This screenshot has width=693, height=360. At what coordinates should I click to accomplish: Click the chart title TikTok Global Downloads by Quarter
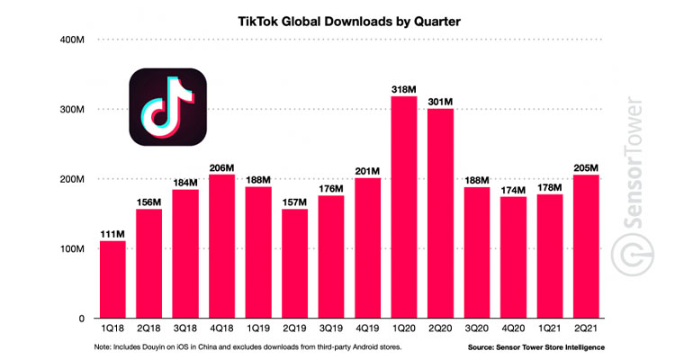346,17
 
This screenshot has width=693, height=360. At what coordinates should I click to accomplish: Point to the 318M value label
404,88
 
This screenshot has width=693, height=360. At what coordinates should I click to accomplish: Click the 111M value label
112,233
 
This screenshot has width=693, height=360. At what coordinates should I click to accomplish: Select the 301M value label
441,101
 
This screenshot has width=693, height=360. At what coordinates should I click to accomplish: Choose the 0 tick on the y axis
81,319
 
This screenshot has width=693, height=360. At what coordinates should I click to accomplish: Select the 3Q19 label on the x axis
331,329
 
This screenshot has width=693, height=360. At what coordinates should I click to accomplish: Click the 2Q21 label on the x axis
588,329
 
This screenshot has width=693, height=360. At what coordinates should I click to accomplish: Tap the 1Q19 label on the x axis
258,329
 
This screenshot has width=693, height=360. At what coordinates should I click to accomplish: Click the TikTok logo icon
167,109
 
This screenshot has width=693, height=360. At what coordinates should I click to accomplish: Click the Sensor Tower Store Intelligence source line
535,347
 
